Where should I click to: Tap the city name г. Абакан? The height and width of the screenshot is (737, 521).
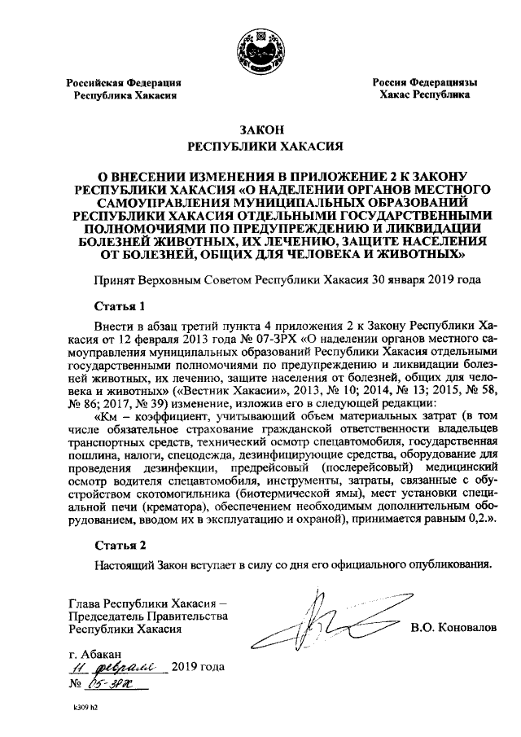tap(97, 654)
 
